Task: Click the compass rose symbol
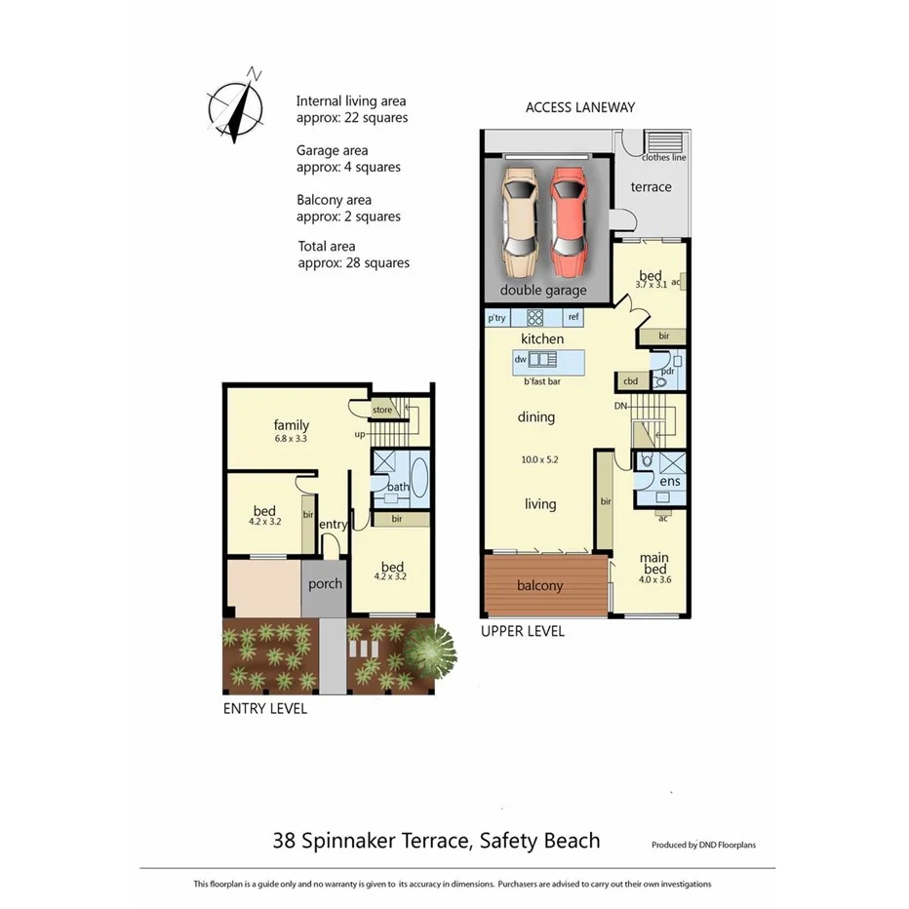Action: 235,104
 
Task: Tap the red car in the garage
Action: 567,220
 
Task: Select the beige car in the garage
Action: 519,220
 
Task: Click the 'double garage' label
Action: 543,290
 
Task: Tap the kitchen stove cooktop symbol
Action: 535,317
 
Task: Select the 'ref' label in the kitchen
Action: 573,317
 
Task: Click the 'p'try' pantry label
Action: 496,317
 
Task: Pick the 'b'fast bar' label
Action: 541,381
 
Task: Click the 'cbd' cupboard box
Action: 630,381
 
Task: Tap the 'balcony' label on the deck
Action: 539,585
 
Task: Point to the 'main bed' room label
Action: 652,563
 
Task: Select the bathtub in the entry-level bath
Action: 419,478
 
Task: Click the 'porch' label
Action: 325,583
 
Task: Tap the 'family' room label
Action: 291,425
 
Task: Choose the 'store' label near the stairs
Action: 381,410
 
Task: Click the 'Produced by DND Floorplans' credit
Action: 703,845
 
